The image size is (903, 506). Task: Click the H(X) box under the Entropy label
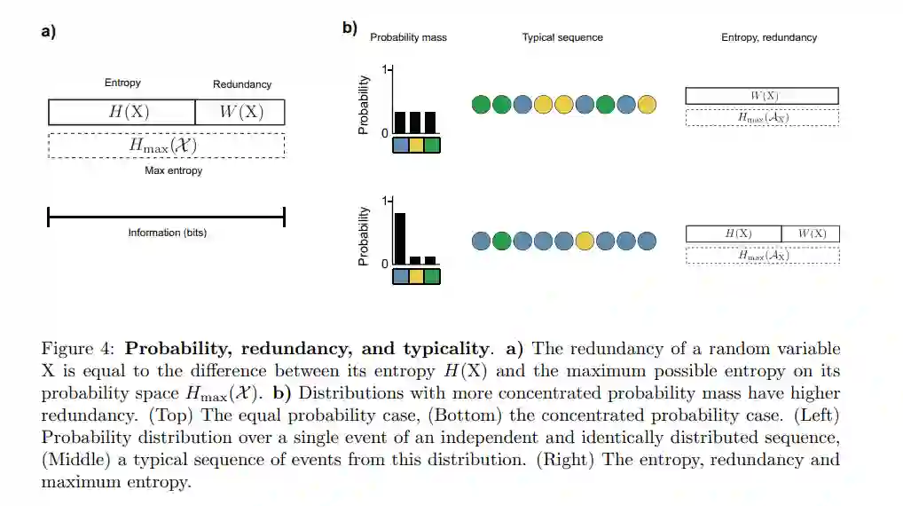(122, 112)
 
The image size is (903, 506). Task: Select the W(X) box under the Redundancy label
(240, 112)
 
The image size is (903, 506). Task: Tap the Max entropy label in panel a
(173, 170)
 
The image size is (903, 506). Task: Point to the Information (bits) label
(167, 233)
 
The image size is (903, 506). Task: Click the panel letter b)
(349, 28)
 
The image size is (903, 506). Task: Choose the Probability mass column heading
(408, 38)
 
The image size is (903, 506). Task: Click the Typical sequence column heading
(562, 38)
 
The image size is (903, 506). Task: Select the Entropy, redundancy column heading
(769, 38)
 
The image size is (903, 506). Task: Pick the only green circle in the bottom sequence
(502, 241)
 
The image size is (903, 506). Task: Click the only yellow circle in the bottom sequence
(585, 241)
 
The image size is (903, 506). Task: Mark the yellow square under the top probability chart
(416, 146)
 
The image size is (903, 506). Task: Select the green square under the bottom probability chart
(432, 276)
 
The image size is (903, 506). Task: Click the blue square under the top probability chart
(400, 146)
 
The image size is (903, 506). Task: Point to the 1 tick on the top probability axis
(384, 69)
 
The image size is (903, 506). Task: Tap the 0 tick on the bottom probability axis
(384, 265)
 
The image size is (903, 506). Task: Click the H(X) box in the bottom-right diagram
(734, 234)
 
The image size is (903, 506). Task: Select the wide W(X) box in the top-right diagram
(762, 96)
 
